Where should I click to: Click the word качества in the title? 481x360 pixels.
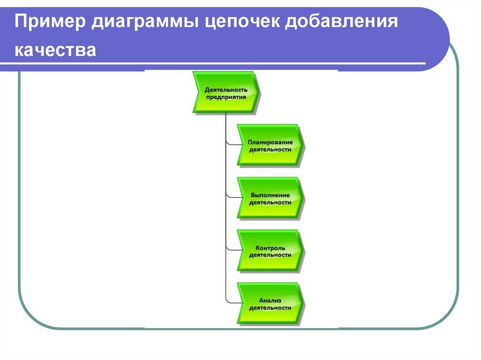[x=55, y=50]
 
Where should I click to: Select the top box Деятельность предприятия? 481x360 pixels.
[x=225, y=92]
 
